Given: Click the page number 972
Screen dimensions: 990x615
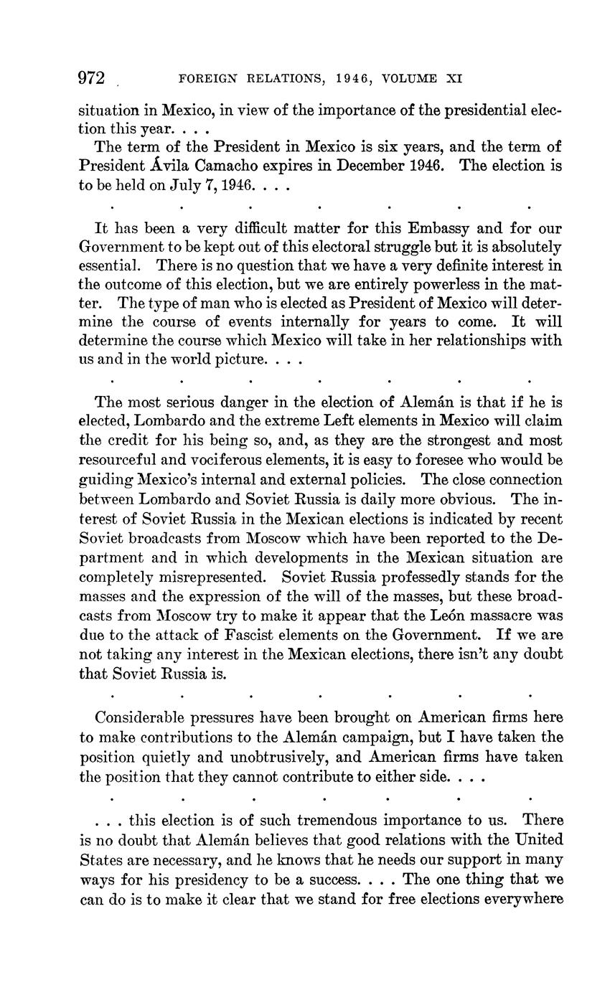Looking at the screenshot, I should click(x=92, y=78).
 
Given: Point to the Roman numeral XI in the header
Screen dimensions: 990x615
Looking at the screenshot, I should click(x=454, y=79).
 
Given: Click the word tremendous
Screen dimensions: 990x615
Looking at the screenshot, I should click(x=327, y=820).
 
